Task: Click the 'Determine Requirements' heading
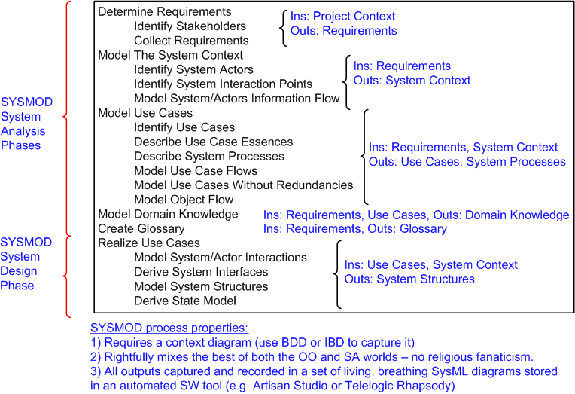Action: tap(165, 13)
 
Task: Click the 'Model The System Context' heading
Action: tap(170, 56)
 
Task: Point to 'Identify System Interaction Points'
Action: tap(223, 84)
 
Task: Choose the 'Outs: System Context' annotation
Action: tap(412, 81)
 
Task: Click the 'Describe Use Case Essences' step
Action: tap(213, 142)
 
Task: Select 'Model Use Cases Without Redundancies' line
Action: tap(243, 185)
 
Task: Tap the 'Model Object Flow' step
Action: tap(184, 200)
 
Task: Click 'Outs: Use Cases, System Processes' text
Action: tap(467, 162)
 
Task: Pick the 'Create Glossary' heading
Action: tap(141, 228)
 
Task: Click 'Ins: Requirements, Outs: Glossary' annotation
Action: tap(354, 229)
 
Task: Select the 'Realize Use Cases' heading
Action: tap(149, 243)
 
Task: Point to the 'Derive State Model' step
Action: tap(185, 301)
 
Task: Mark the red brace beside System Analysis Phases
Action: tap(67, 117)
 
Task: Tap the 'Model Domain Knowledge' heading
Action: tap(168, 214)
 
